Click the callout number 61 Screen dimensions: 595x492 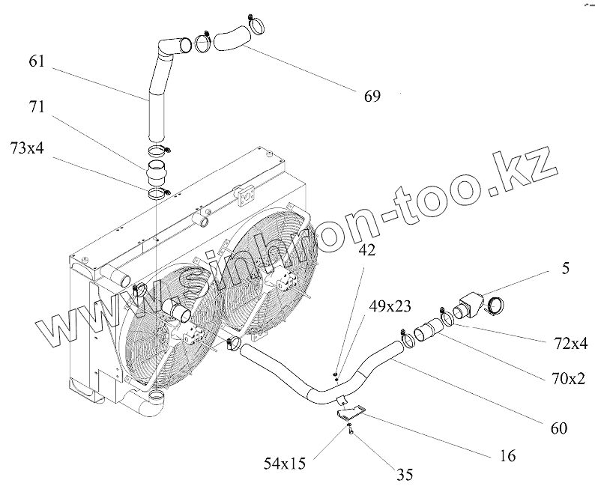[36, 61]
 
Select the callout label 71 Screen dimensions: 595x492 [36, 107]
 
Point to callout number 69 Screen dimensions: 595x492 [371, 95]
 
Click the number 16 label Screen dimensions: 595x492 [507, 454]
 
